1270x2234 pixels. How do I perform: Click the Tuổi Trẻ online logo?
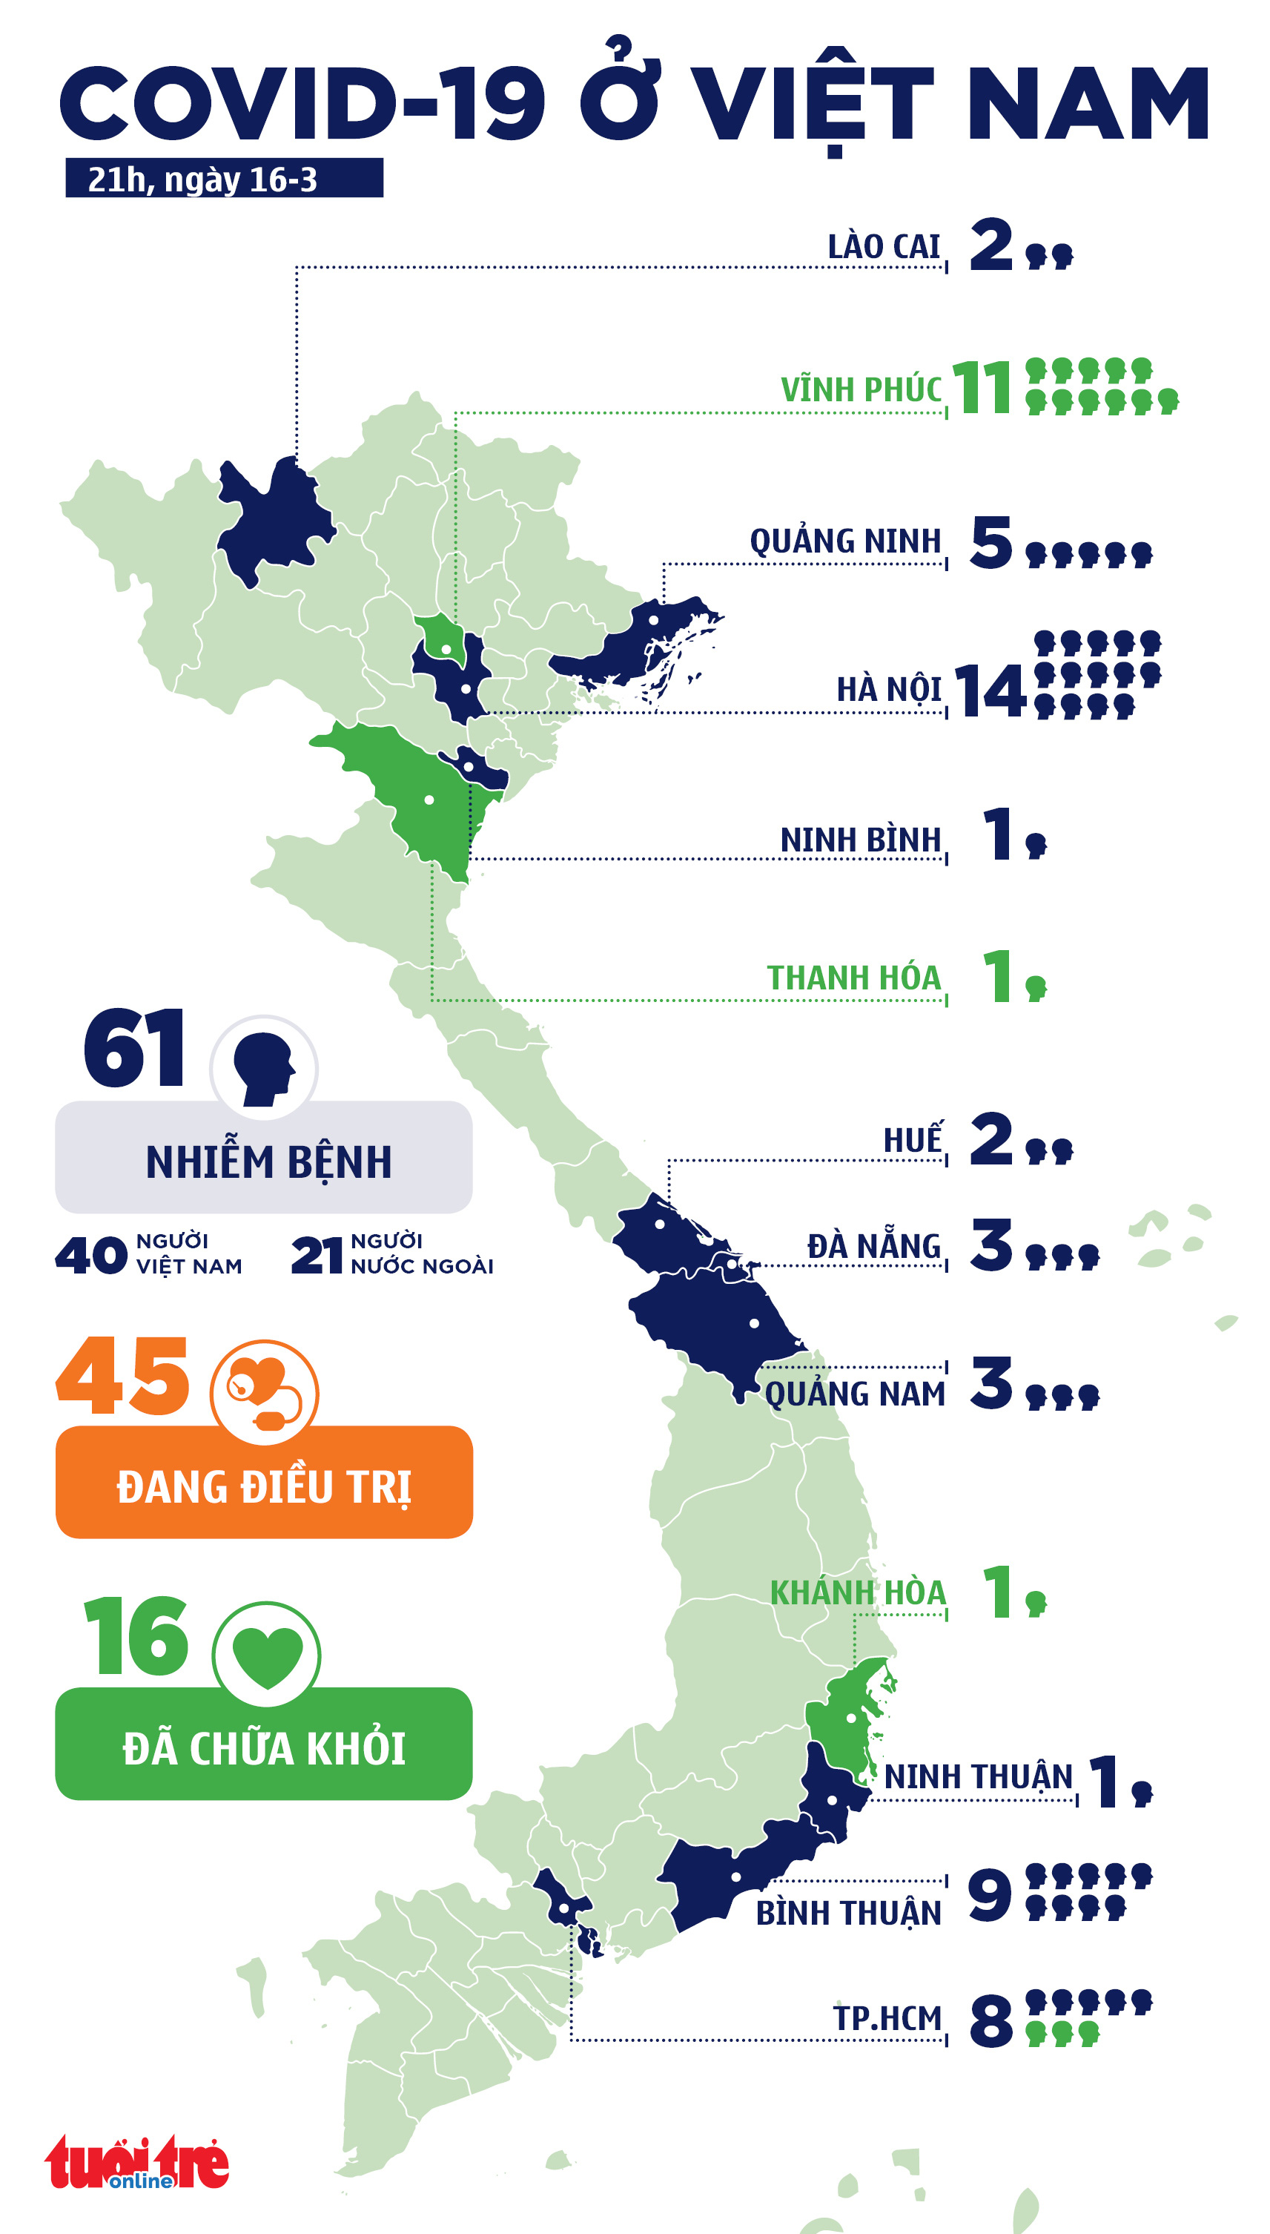pyautogui.click(x=137, y=2163)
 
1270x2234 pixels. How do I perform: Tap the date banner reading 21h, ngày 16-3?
pyautogui.click(x=224, y=179)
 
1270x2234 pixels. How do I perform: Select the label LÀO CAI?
pyautogui.click(x=884, y=247)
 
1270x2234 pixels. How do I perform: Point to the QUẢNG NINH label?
pyautogui.click(x=845, y=541)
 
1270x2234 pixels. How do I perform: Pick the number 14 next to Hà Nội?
pyautogui.click(x=989, y=691)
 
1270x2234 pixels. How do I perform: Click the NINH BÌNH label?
pyautogui.click(x=860, y=840)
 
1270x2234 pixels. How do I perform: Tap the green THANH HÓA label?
pyautogui.click(x=854, y=978)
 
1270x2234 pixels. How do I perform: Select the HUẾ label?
pyautogui.click(x=913, y=1140)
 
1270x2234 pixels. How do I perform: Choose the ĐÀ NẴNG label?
pyautogui.click(x=874, y=1246)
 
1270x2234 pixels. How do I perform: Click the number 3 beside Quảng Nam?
pyautogui.click(x=991, y=1384)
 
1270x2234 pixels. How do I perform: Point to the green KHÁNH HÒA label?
pyautogui.click(x=858, y=1592)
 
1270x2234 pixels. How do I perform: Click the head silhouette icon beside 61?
pyautogui.click(x=263, y=1069)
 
